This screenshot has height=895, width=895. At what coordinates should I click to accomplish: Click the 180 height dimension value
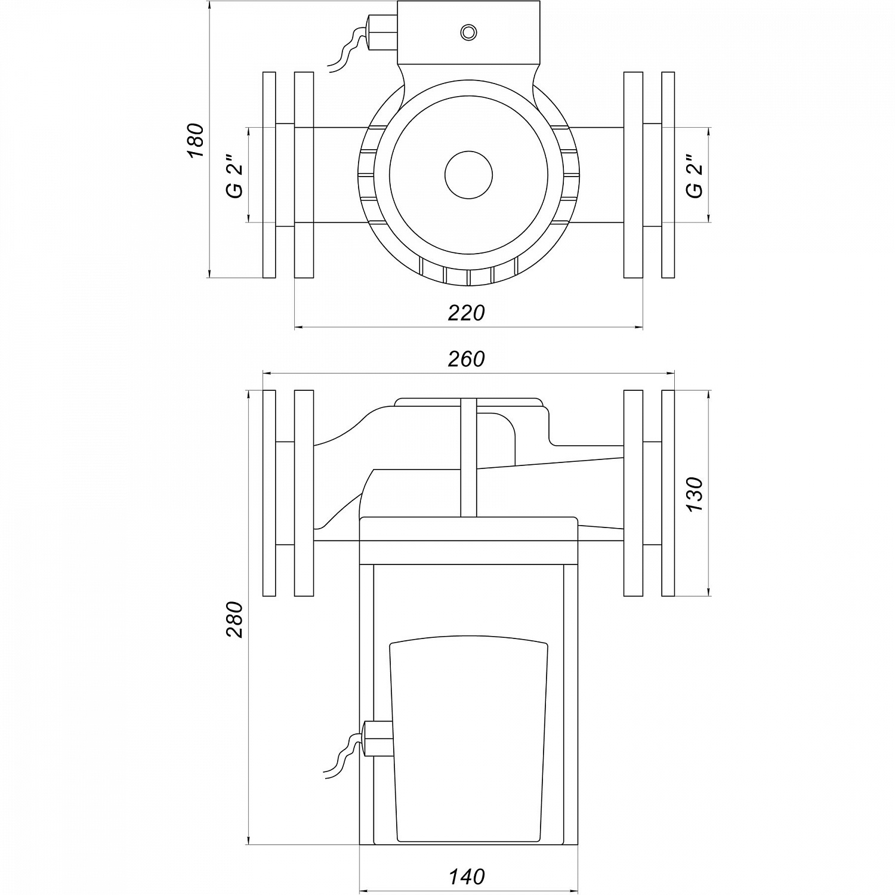pyautogui.click(x=196, y=140)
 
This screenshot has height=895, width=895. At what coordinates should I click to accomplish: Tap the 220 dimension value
pyautogui.click(x=467, y=313)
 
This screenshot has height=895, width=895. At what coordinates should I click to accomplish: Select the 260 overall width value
pyautogui.click(x=467, y=359)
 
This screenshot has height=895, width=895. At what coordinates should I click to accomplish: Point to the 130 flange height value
pyautogui.click(x=695, y=493)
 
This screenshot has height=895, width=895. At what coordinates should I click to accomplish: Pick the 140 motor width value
pyautogui.click(x=467, y=877)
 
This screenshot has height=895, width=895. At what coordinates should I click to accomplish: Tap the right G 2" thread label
pyautogui.click(x=695, y=177)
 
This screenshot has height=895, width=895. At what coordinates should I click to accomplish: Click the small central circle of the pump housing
pyautogui.click(x=468, y=174)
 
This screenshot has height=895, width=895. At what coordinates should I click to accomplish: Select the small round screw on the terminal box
pyautogui.click(x=468, y=31)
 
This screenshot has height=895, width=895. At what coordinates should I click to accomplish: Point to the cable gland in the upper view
pyautogui.click(x=382, y=33)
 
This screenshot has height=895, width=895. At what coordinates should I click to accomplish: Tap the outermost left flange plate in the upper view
pyautogui.click(x=269, y=175)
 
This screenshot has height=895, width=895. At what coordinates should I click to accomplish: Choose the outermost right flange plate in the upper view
pyautogui.click(x=668, y=175)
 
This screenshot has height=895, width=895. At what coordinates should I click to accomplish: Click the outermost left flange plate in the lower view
pyautogui.click(x=269, y=493)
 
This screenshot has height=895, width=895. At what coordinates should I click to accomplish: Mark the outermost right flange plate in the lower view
pyautogui.click(x=668, y=493)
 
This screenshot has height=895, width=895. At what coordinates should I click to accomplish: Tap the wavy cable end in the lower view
pyautogui.click(x=340, y=761)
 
